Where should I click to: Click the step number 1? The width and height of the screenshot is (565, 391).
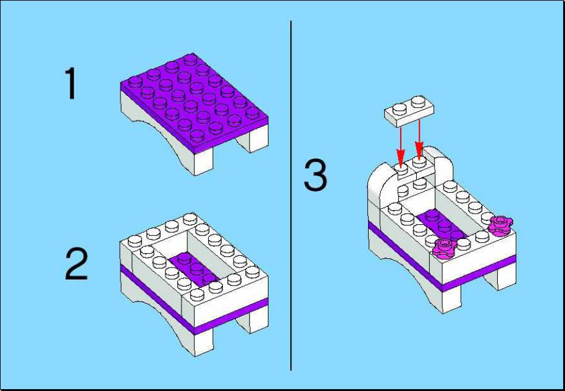coord(70,83)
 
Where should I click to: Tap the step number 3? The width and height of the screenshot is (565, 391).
coord(316,176)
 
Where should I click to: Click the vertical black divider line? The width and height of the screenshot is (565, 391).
coord(291,195)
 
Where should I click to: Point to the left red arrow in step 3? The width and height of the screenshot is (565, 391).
coord(401,146)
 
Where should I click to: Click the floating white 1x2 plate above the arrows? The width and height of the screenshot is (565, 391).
coord(409,111)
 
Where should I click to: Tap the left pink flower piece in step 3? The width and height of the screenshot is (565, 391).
coord(445,248)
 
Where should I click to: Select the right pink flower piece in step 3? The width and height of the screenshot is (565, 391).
coord(500,225)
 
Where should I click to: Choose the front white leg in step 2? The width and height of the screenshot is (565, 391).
coord(203,342)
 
